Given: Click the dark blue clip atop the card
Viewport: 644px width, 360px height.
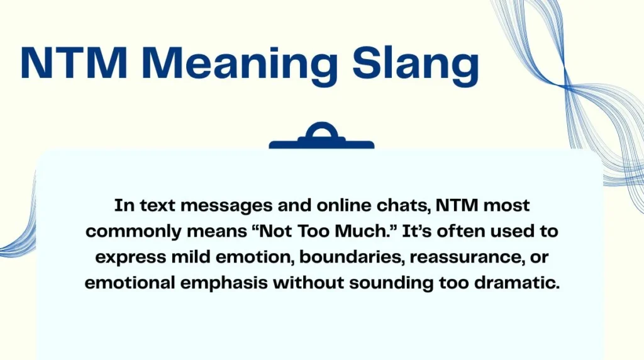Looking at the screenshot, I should [x=321, y=137].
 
